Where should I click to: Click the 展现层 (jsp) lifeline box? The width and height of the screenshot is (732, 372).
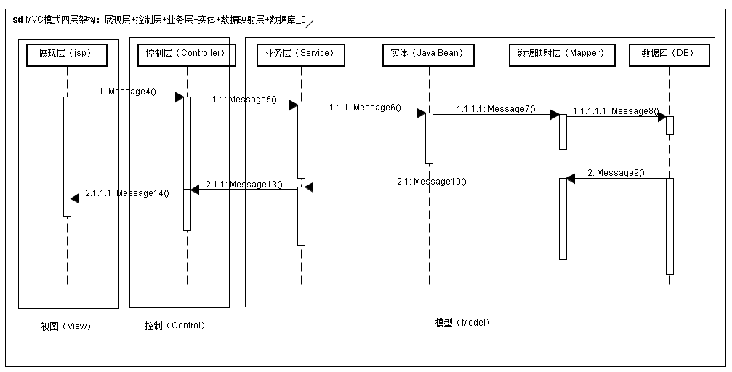click(67, 54)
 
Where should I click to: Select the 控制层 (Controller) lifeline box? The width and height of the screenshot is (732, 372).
click(186, 54)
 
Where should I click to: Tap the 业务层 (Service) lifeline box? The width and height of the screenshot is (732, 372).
click(300, 54)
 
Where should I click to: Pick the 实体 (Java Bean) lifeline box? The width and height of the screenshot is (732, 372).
click(428, 54)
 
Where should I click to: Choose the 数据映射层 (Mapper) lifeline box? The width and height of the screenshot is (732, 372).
click(561, 54)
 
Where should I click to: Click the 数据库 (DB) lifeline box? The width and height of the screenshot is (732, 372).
click(669, 54)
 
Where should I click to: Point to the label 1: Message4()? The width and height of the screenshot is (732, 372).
click(128, 92)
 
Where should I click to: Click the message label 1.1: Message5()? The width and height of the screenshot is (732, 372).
click(244, 100)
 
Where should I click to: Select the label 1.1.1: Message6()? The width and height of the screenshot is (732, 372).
click(364, 108)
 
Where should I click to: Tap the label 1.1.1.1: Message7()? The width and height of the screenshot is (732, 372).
click(496, 109)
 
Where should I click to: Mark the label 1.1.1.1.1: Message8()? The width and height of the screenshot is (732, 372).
click(615, 111)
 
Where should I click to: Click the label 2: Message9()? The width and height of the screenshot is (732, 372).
click(616, 173)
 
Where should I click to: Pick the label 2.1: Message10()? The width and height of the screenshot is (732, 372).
click(431, 182)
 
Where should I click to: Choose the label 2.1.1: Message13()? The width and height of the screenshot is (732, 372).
click(244, 185)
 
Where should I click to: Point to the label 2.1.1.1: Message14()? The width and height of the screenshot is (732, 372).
click(127, 193)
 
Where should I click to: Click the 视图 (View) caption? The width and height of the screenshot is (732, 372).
click(66, 326)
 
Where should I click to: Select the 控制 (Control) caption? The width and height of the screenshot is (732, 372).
click(175, 325)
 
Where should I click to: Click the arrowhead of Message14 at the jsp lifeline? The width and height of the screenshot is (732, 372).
click(75, 198)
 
